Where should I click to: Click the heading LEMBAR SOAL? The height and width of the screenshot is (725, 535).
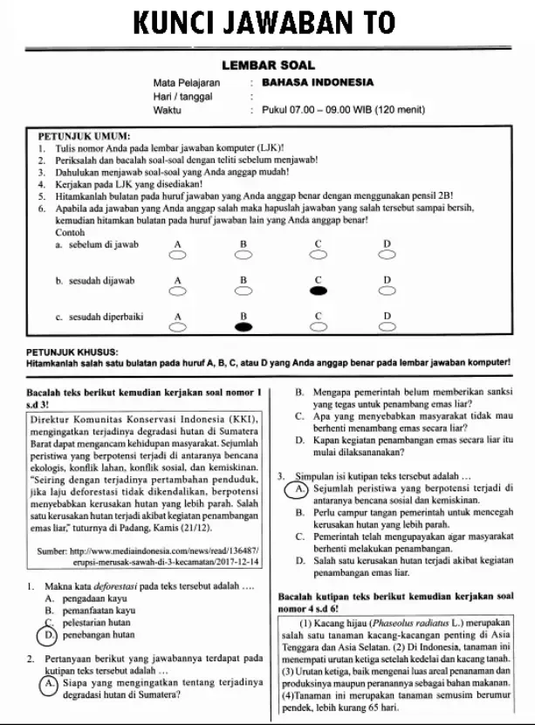coord(268,65)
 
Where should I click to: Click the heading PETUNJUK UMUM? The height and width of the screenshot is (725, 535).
coord(85,137)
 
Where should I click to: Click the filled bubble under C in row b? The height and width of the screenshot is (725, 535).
coord(319,290)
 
